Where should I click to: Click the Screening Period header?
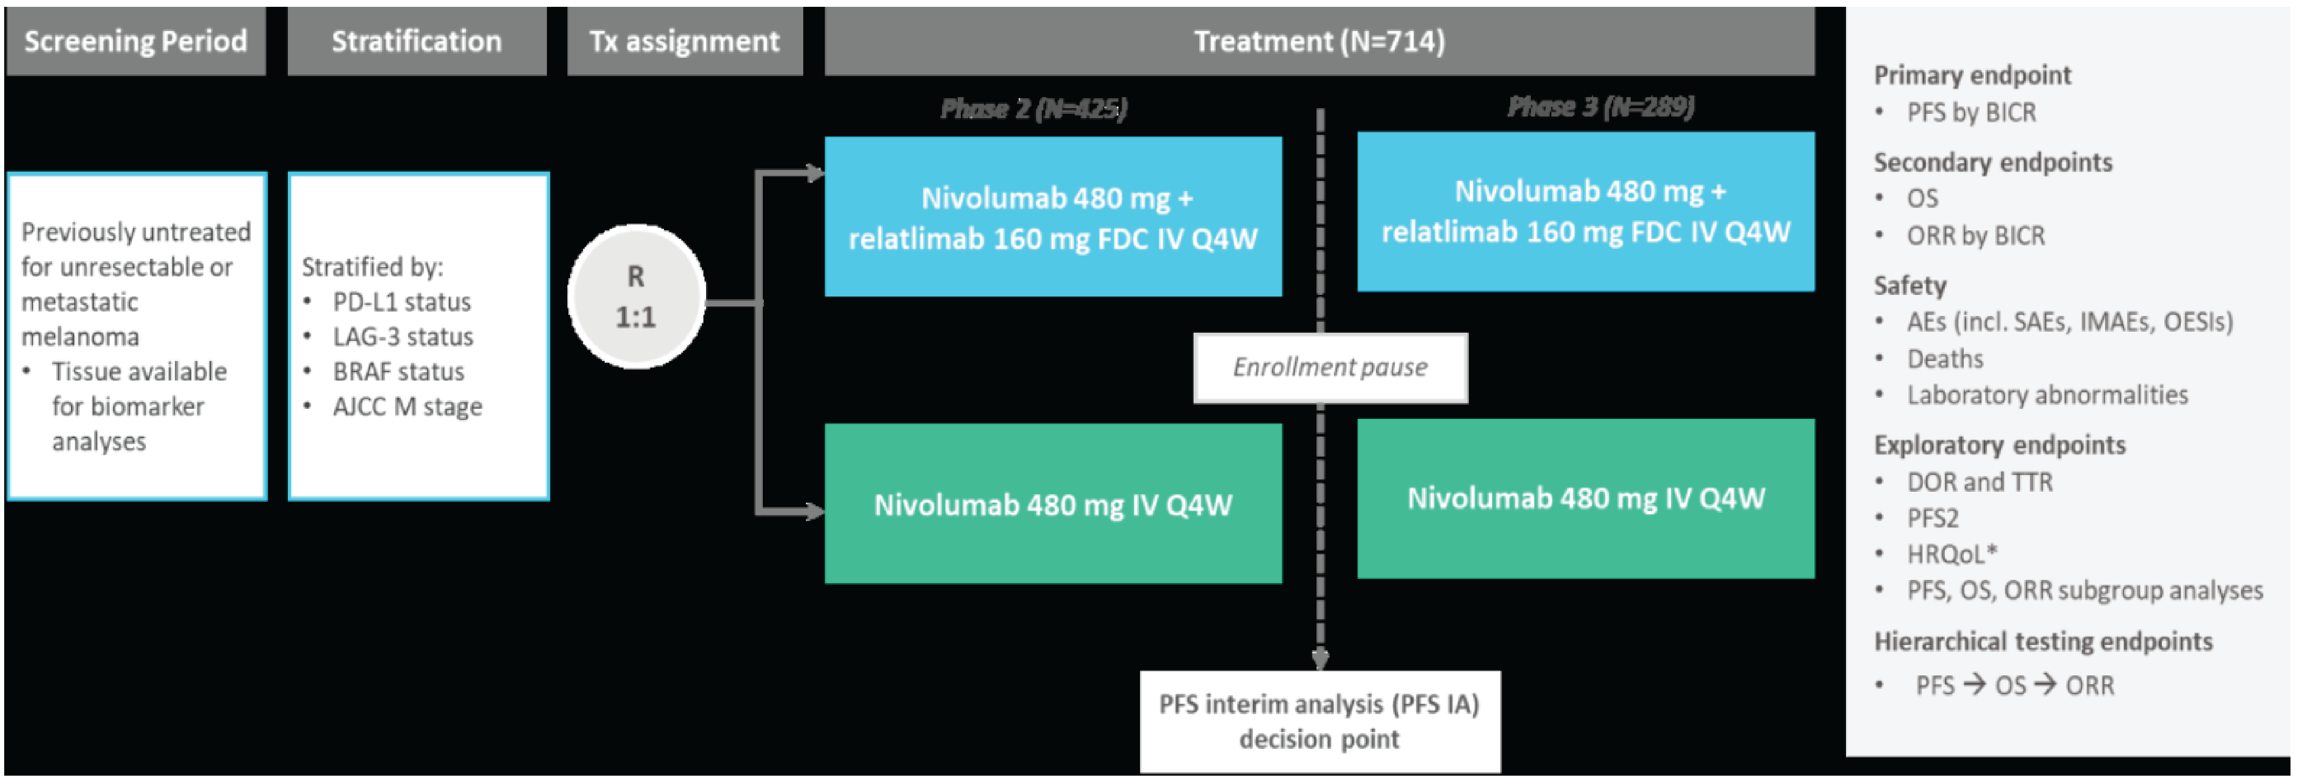(x=136, y=41)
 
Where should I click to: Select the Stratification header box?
(x=416, y=41)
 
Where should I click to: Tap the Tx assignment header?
(x=684, y=41)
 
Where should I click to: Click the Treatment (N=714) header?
(x=1319, y=41)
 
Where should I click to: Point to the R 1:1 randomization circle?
(x=636, y=297)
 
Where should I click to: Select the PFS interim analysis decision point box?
(x=1319, y=722)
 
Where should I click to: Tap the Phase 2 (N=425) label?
(x=1033, y=109)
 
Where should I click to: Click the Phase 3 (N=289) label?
(x=1601, y=107)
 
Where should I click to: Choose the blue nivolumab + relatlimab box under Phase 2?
(x=1053, y=217)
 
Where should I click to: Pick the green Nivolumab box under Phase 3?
(x=1585, y=498)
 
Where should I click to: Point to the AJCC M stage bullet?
(x=407, y=407)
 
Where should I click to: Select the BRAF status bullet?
(x=398, y=372)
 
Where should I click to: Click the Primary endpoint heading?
(x=1972, y=75)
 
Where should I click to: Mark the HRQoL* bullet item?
(x=1952, y=554)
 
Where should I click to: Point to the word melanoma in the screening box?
(x=80, y=336)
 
